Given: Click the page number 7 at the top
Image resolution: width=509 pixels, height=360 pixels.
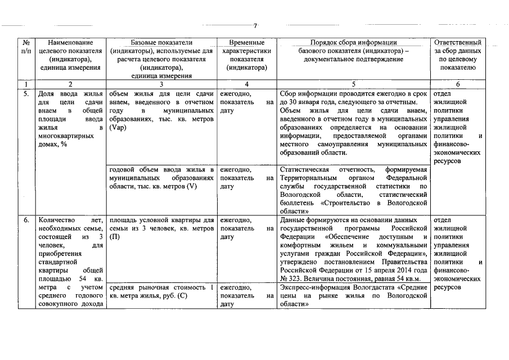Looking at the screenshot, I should (255, 26).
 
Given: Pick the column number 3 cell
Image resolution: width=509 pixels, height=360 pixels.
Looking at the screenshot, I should (161, 84).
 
